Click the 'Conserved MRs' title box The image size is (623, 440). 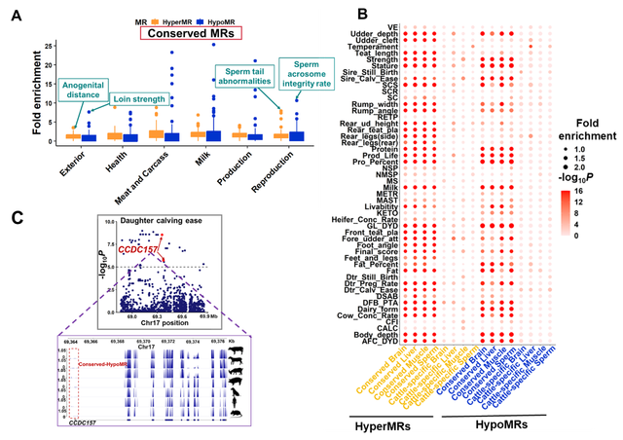coord(190,33)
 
